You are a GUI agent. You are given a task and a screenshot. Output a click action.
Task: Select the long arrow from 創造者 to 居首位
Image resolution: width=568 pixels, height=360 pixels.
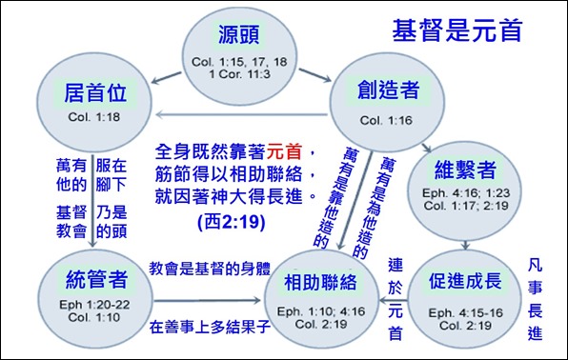[238, 115]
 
